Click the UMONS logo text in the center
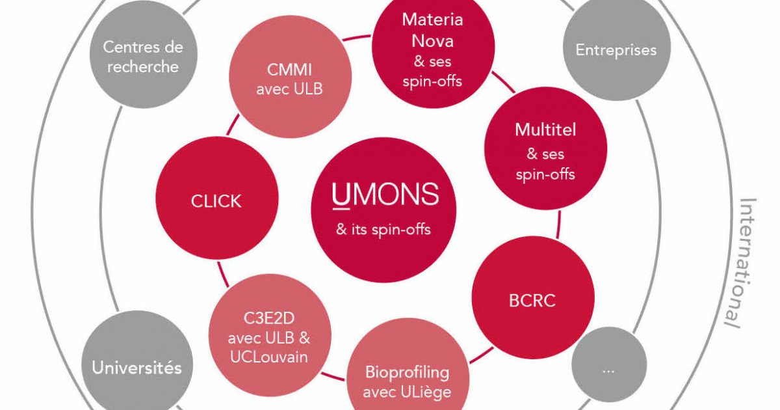(385, 195)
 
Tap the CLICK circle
(217, 198)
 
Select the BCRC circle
(533, 297)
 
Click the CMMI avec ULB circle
(290, 77)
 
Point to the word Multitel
(545, 130)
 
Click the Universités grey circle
(137, 364)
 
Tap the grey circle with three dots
(609, 364)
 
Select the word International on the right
(744, 263)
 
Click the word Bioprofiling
(407, 373)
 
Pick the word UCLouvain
(269, 357)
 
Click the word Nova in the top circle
(432, 41)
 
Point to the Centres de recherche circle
(144, 54)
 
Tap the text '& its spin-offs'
(383, 229)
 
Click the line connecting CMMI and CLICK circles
(233, 124)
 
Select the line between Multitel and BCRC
(559, 224)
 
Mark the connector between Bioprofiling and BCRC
(481, 355)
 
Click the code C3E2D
(269, 318)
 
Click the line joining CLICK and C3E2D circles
(223, 275)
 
